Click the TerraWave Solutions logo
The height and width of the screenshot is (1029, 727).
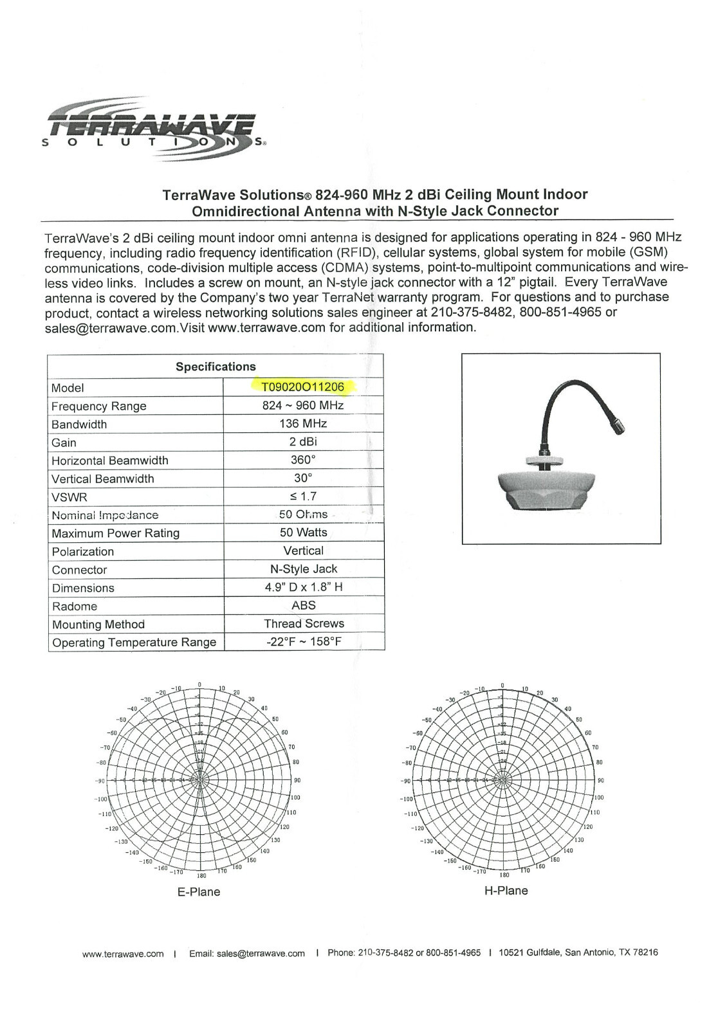(x=152, y=128)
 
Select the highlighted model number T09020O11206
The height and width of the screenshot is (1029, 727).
(x=302, y=387)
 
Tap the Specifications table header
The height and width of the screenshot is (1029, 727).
(x=216, y=367)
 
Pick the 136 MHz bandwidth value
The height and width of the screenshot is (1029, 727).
(x=303, y=424)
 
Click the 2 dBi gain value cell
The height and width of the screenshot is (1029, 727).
(x=303, y=442)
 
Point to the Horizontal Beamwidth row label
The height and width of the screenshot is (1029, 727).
(x=110, y=460)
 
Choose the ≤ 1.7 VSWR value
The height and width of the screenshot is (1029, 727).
(x=303, y=496)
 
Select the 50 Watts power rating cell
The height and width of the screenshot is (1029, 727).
(x=303, y=533)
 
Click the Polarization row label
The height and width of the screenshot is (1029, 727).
(x=83, y=552)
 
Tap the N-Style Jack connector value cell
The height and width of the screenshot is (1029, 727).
(x=303, y=569)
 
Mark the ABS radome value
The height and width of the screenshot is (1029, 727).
(x=303, y=605)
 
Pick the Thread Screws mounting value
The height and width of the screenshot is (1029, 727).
(x=304, y=624)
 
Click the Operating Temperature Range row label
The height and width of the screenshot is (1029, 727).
(x=134, y=642)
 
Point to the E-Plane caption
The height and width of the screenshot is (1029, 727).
(x=199, y=892)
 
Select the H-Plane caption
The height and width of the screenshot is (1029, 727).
(x=506, y=891)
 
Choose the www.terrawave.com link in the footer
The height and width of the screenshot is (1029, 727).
(x=123, y=954)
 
